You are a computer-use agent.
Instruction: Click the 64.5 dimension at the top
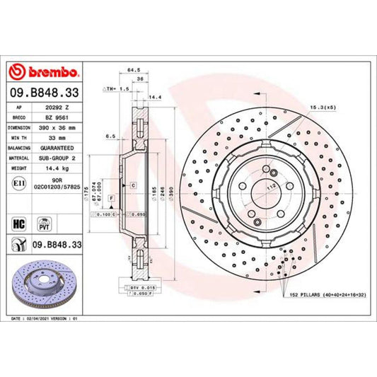click(x=133, y=69)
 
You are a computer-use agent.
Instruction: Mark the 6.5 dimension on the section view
click(x=110, y=134)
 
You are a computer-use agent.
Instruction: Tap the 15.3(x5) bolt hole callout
click(x=320, y=106)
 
